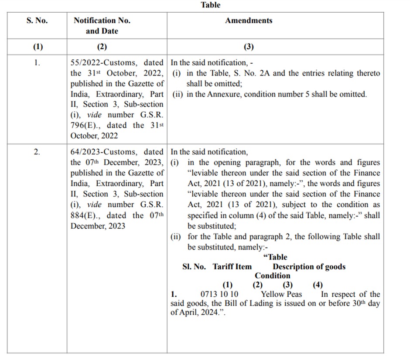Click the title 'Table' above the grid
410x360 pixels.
click(x=211, y=5)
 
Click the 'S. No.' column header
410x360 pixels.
click(x=37, y=21)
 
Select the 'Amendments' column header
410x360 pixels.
click(x=249, y=21)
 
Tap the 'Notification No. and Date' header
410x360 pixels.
click(x=102, y=26)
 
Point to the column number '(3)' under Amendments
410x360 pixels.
click(x=249, y=47)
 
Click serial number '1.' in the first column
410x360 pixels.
click(x=37, y=63)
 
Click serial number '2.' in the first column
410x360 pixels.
click(x=37, y=152)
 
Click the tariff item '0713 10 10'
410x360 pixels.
click(x=219, y=295)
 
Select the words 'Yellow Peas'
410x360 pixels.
click(x=281, y=295)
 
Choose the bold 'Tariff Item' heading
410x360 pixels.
click(x=232, y=267)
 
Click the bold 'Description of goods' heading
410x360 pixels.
click(x=309, y=267)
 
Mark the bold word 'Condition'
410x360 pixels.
click(x=273, y=276)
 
